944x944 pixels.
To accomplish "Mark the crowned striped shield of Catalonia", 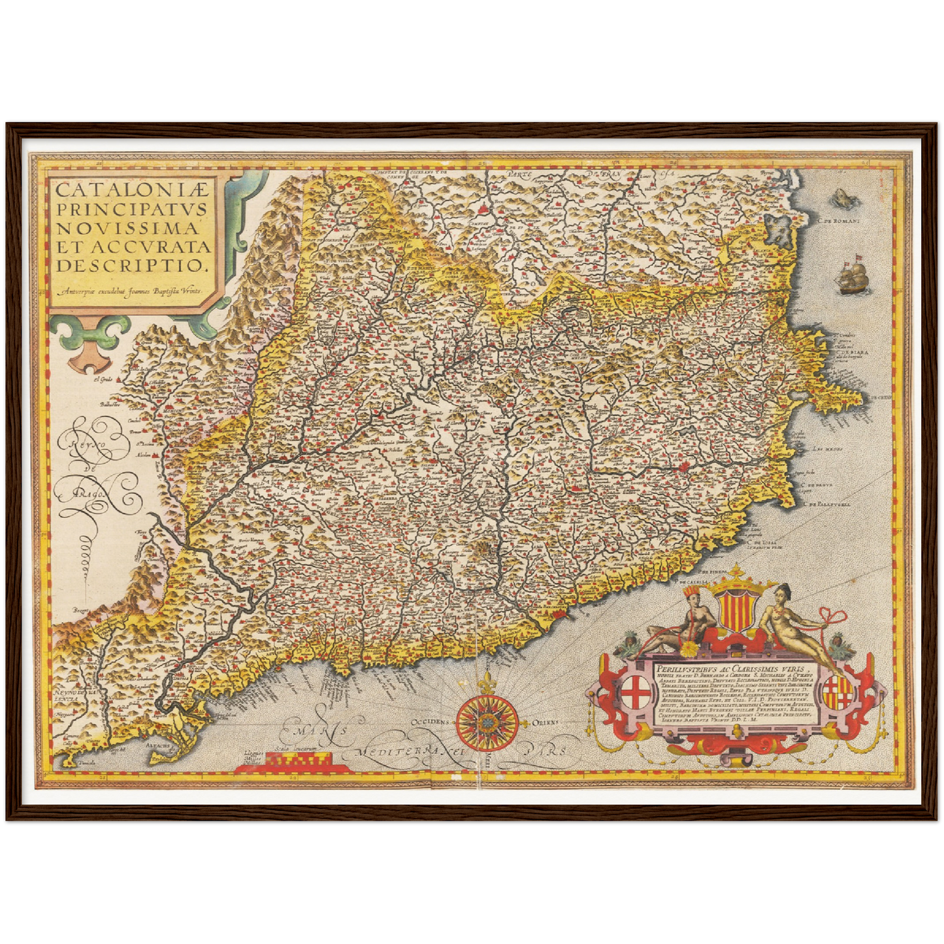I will [x=733, y=607].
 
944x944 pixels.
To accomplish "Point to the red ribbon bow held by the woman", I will [x=836, y=615].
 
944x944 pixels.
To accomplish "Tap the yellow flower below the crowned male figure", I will [x=687, y=649].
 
